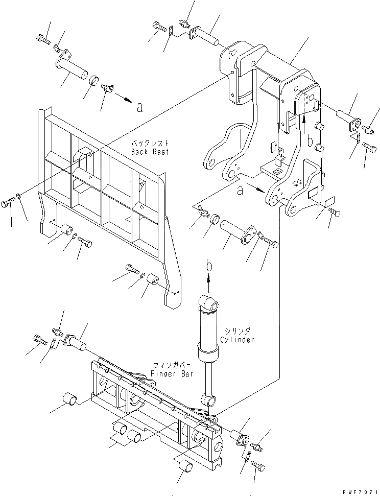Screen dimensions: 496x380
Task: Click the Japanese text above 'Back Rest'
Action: point(155,144)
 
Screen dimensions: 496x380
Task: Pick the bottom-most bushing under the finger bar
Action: point(186,466)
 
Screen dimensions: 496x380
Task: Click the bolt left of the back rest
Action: point(11,202)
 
